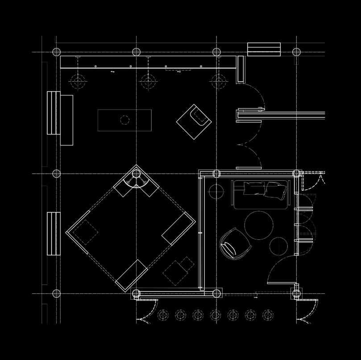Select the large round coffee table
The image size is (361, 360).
pyautogui.click(x=260, y=225)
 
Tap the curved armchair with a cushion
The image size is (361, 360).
pyautogui.click(x=234, y=243)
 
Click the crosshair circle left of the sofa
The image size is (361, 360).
pyautogui.click(x=216, y=192)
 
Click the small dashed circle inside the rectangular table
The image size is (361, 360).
pyautogui.click(x=124, y=120)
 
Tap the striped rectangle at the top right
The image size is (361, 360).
pyautogui.click(x=264, y=49)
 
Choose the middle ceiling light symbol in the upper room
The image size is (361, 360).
pyautogui.click(x=148, y=81)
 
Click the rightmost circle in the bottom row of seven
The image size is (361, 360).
pyautogui.click(x=267, y=315)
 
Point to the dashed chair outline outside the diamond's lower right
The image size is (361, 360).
pyautogui.click(x=178, y=270)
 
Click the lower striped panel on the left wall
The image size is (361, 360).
pyautogui.click(x=54, y=233)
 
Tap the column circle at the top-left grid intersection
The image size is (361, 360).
pyautogui.click(x=56, y=52)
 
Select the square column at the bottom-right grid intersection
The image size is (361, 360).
pyautogui.click(x=296, y=293)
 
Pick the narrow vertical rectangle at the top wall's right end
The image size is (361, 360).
pyautogui.click(x=241, y=69)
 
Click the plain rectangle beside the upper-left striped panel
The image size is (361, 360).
pyautogui.click(x=66, y=120)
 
